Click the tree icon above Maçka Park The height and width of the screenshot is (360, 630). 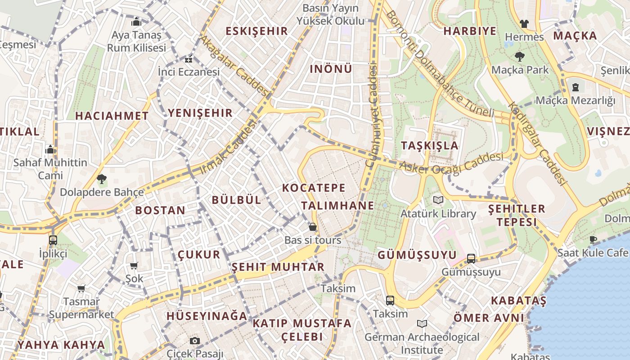click(520, 57)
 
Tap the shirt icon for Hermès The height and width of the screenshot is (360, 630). click(524, 23)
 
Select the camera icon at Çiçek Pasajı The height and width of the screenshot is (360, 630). click(194, 341)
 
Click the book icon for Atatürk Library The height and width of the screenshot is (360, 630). click(438, 200)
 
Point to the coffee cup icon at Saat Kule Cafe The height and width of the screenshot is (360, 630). click(593, 239)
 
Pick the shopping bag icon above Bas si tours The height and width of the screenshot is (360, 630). click(312, 227)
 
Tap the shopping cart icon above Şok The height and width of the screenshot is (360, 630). click(134, 265)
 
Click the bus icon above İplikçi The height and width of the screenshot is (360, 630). click(53, 240)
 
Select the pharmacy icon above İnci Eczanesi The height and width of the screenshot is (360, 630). click(189, 59)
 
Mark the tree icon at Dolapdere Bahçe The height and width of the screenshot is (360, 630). click(101, 179)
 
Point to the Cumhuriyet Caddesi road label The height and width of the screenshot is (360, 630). click(372, 116)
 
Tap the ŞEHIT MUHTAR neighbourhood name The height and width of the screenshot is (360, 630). click(278, 267)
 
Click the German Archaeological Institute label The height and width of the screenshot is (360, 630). click(422, 343)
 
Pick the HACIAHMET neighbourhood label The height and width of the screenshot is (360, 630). click(112, 116)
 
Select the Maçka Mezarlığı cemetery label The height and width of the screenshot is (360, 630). click(575, 100)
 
